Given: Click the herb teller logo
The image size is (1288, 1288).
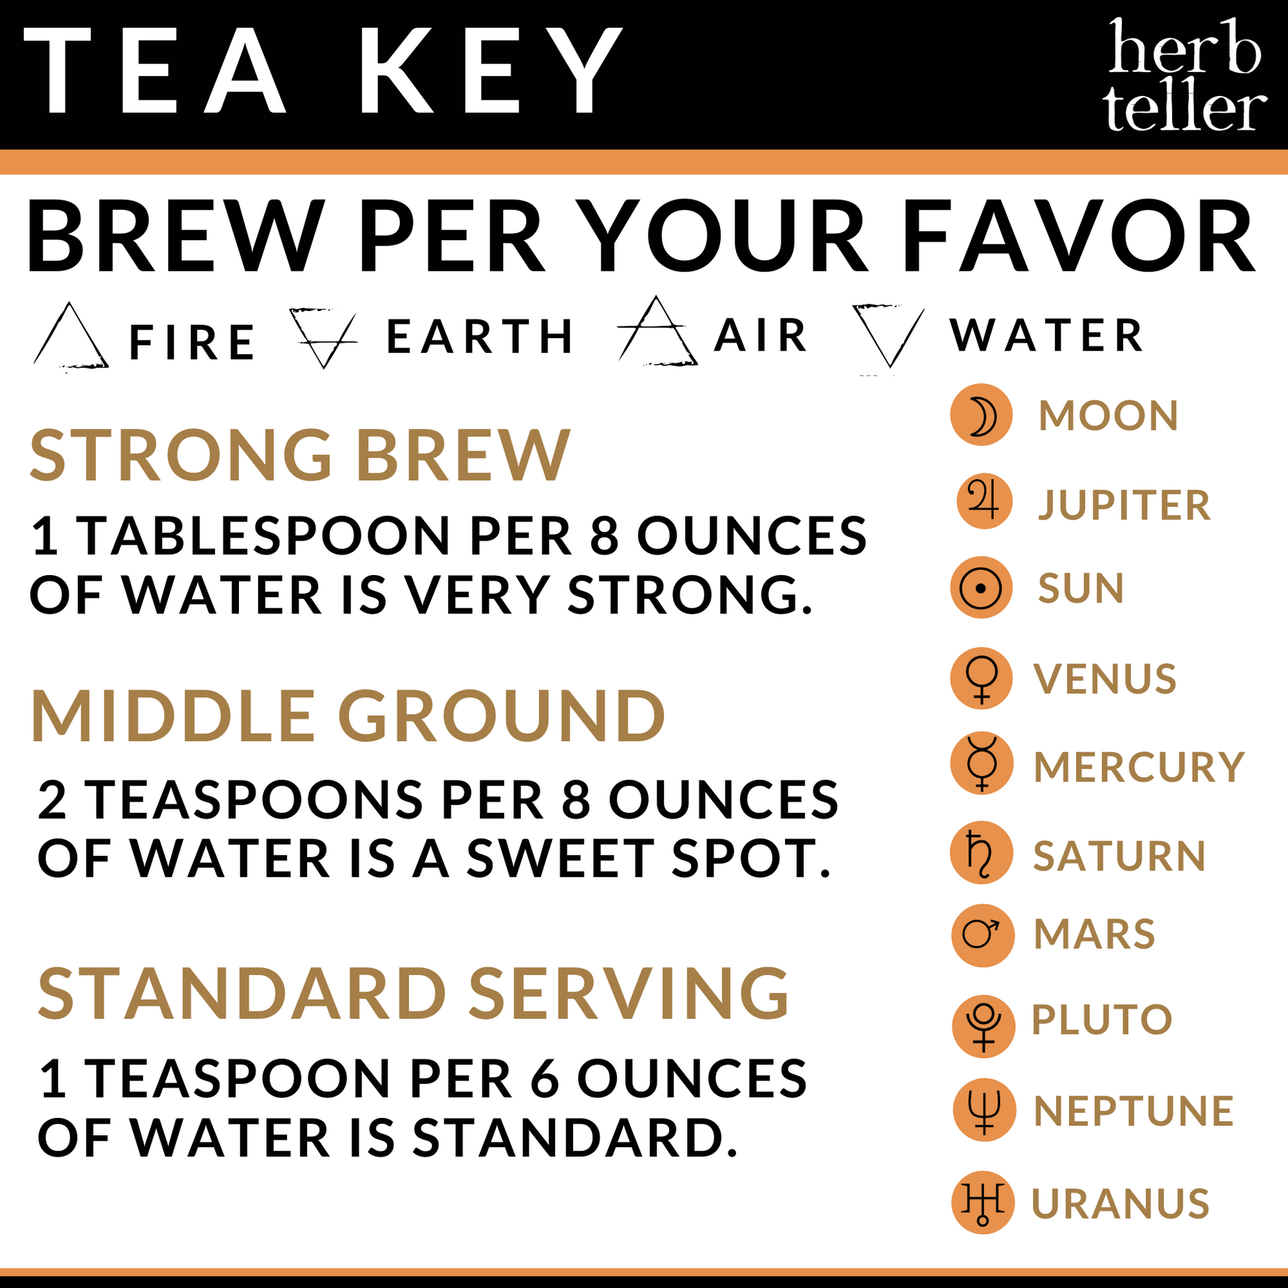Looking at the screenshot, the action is (1184, 75).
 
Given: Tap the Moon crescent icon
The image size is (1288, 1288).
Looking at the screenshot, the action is (982, 416).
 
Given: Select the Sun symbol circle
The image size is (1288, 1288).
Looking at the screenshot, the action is (982, 587).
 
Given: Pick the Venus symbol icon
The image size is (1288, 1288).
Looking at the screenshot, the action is (982, 678).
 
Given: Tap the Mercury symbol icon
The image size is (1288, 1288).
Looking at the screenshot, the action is (982, 763).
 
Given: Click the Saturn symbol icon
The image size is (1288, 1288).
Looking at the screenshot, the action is (982, 852).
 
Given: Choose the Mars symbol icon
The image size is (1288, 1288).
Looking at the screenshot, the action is (983, 935).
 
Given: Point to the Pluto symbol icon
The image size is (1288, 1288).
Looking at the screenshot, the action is (984, 1026).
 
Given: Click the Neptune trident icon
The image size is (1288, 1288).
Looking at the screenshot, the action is (984, 1110).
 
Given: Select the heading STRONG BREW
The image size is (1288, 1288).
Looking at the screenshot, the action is (300, 455).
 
